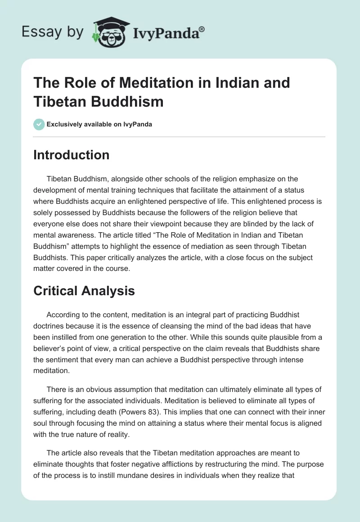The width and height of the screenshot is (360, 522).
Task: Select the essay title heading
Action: (162, 92)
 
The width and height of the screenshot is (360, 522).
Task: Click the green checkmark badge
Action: (39, 124)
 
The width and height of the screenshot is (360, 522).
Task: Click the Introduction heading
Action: (72, 155)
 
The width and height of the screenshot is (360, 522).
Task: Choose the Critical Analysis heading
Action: (84, 291)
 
